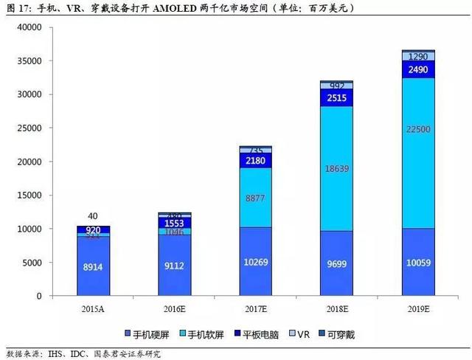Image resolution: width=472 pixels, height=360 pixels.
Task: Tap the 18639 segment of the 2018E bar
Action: coord(336,169)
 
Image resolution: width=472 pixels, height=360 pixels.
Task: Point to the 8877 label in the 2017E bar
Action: coord(255,198)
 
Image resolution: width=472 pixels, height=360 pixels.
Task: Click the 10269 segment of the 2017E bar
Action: coord(255,263)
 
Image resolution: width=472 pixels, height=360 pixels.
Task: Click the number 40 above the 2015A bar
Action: coord(92,216)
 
